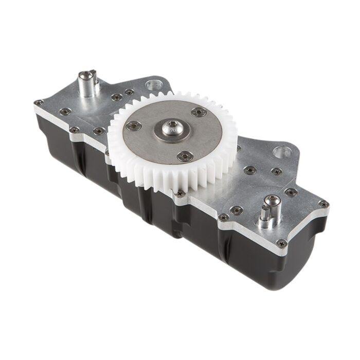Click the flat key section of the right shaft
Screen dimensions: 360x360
point(266,211)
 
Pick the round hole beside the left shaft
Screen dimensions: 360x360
point(153,83)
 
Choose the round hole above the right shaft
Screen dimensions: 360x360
point(282,152)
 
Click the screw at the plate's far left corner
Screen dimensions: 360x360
point(39,102)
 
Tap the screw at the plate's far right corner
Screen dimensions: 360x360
point(323,204)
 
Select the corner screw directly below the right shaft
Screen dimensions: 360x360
point(282,243)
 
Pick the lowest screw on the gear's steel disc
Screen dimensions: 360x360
point(185,156)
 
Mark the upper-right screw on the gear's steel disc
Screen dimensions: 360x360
point(199,112)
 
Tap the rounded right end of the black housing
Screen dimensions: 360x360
point(303,262)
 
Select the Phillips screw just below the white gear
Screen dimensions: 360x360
point(180,193)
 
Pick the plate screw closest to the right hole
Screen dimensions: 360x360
point(276,171)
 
